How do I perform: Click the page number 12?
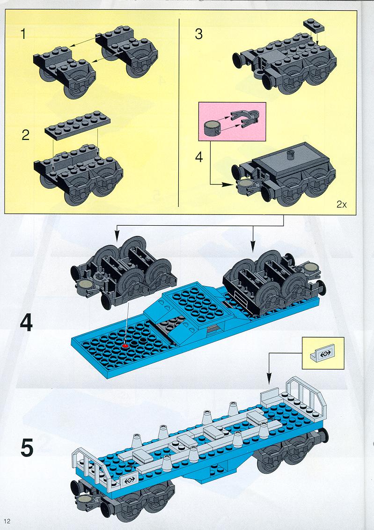(x=7, y=521)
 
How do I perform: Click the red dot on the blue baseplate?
(x=125, y=345)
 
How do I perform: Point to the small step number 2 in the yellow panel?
(x=25, y=135)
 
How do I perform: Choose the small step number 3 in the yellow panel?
(x=198, y=35)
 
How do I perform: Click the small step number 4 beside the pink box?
(x=199, y=158)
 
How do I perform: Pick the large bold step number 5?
(x=27, y=447)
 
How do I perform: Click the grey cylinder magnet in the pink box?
(x=212, y=127)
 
